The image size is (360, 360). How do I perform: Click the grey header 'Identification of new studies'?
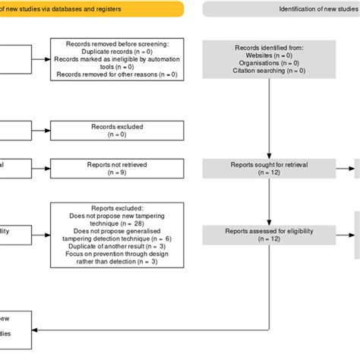point(281,9)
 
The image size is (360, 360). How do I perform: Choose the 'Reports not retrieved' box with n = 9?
point(118,167)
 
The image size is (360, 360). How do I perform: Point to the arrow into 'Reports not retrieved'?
point(42,167)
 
